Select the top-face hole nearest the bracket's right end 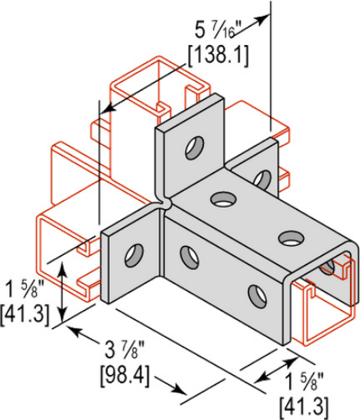(x=289, y=237)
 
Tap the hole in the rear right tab (x=262, y=179)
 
